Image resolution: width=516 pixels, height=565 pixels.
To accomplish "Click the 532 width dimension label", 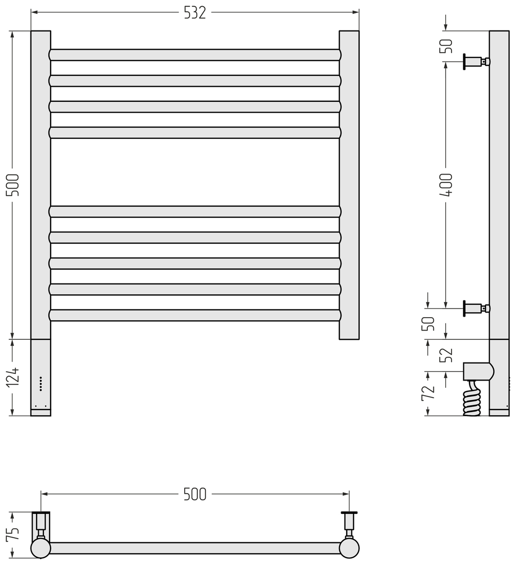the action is point(195,12).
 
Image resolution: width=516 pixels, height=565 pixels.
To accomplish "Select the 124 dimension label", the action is point(14,377).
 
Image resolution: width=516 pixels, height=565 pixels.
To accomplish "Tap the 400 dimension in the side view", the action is point(446,184).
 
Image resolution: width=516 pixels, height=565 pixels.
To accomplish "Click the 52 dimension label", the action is point(446,355).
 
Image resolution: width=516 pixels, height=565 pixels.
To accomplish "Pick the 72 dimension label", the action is point(428,393).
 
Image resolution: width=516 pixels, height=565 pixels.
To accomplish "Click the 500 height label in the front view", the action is point(13,184).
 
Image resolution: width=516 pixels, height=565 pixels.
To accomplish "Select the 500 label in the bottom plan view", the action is point(195,494).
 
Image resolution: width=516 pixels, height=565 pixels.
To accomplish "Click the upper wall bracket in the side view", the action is point(476,61).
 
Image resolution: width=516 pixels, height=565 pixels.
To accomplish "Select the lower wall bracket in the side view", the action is point(476,308).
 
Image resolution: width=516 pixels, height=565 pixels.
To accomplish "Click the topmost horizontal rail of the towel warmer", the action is point(195,55).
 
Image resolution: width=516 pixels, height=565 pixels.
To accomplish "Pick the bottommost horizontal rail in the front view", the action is point(195,315).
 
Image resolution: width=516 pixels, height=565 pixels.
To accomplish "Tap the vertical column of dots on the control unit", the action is point(41,384).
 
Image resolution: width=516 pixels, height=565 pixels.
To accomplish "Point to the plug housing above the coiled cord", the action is point(478,371).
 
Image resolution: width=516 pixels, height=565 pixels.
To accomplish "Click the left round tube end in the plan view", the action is point(40,548).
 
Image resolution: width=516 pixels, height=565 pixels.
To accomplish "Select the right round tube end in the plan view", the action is point(349,548).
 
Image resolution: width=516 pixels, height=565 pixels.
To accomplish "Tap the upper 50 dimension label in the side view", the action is point(447,46).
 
